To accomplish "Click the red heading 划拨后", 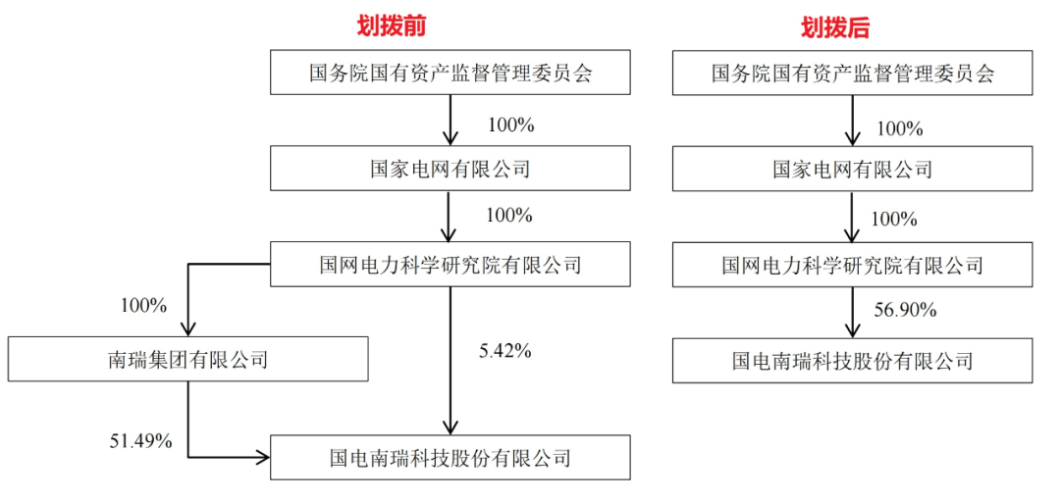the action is pyautogui.click(x=835, y=27).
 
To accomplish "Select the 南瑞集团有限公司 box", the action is pyautogui.click(x=188, y=359).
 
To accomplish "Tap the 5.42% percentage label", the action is pyautogui.click(x=503, y=351).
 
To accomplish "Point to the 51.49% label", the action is pyautogui.click(x=140, y=441).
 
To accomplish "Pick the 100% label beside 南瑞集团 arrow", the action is pyautogui.click(x=143, y=305).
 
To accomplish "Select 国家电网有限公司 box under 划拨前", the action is pyautogui.click(x=450, y=169).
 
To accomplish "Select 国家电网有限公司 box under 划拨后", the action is pyautogui.click(x=853, y=169).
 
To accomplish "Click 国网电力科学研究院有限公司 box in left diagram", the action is pyautogui.click(x=450, y=265).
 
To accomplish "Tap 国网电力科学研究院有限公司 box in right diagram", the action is pyautogui.click(x=853, y=265).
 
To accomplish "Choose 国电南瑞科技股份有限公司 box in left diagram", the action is pyautogui.click(x=450, y=458).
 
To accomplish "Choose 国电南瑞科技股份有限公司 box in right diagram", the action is pyautogui.click(x=853, y=361).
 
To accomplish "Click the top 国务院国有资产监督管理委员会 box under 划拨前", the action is pyautogui.click(x=450, y=73).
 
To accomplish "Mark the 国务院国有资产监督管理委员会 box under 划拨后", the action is pyautogui.click(x=853, y=73).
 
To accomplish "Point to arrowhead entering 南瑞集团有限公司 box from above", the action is pyautogui.click(x=187, y=328).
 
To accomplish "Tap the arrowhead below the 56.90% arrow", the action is pyautogui.click(x=853, y=329).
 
